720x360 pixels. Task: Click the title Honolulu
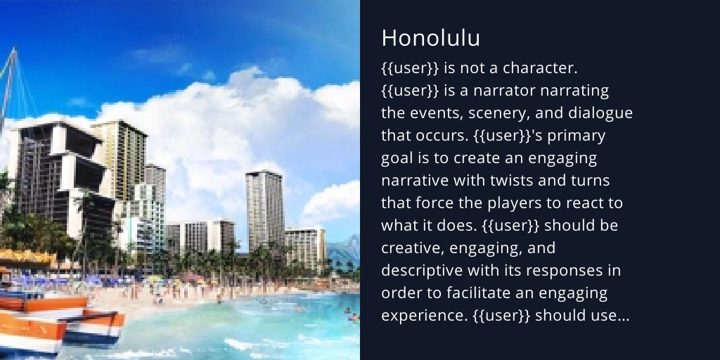point(430,39)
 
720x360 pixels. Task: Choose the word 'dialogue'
point(603,113)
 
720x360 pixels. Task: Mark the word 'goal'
point(395,158)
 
